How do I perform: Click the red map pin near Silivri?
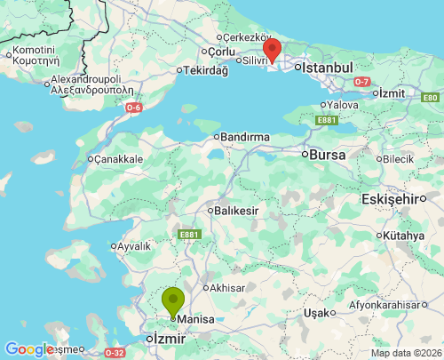[x=273, y=50]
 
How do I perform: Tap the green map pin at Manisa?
[x=172, y=300]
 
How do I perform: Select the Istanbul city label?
[x=328, y=68]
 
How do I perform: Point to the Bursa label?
[x=327, y=154]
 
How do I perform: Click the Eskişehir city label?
[x=389, y=199]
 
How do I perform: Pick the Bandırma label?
[x=244, y=137]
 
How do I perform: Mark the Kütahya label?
[x=405, y=236]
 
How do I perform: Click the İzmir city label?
[x=168, y=339]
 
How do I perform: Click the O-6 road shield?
[x=132, y=108]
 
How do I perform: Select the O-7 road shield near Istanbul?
[x=361, y=82]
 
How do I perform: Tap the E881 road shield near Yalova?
[x=326, y=120]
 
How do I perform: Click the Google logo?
[x=29, y=349]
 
